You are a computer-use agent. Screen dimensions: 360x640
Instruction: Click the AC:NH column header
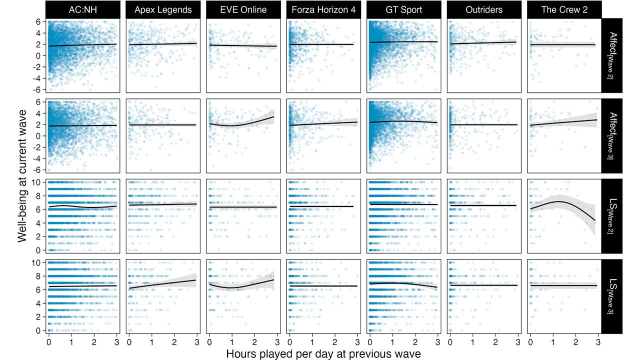point(82,9)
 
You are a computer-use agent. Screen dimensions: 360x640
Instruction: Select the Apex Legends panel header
point(163,9)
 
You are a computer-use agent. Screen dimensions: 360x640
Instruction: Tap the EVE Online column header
point(243,9)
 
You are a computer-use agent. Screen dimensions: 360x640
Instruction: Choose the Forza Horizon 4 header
point(323,9)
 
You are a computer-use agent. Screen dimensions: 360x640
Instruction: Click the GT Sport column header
point(404,9)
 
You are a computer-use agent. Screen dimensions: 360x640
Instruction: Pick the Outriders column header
point(484,9)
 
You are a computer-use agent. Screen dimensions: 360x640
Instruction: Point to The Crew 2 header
point(564,9)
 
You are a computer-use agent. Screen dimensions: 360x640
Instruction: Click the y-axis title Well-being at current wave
point(22,175)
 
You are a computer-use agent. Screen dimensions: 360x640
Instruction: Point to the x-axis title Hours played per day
point(323,353)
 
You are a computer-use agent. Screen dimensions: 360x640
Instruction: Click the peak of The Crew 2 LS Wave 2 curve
point(560,201)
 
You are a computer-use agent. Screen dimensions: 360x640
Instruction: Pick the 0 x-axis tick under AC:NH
point(48,342)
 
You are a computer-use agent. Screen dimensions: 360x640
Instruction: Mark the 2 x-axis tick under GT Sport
point(415,342)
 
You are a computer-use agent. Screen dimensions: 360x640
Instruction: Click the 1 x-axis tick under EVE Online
point(232,342)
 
